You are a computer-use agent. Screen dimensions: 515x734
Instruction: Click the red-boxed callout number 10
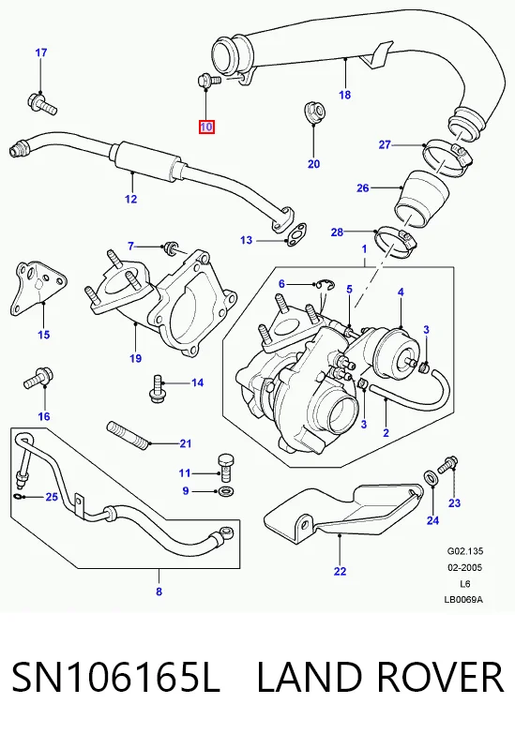(206, 127)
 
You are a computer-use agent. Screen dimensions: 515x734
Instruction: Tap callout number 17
(41, 52)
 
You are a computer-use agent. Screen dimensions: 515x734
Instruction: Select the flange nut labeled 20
(314, 112)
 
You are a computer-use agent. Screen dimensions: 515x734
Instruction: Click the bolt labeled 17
(42, 104)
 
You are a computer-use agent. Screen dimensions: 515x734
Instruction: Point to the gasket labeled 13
(297, 234)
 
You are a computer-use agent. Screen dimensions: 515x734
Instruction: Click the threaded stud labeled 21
(128, 435)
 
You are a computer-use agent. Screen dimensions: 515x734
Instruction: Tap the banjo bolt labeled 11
(227, 467)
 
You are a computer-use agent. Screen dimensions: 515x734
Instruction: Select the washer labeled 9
(227, 491)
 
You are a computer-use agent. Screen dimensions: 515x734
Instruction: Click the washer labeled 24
(432, 477)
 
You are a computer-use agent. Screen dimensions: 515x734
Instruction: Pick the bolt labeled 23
(447, 464)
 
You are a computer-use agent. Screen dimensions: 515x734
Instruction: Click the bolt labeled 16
(38, 378)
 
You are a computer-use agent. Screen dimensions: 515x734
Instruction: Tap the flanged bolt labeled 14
(157, 388)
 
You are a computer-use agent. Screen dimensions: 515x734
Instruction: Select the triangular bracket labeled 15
(38, 288)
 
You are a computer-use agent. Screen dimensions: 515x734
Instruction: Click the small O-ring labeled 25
(16, 496)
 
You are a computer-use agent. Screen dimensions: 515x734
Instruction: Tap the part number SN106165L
(115, 678)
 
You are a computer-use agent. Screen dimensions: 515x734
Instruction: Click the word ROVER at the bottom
(440, 677)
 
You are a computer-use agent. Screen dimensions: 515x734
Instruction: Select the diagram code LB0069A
(463, 600)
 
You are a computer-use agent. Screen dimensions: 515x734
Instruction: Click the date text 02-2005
(465, 568)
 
